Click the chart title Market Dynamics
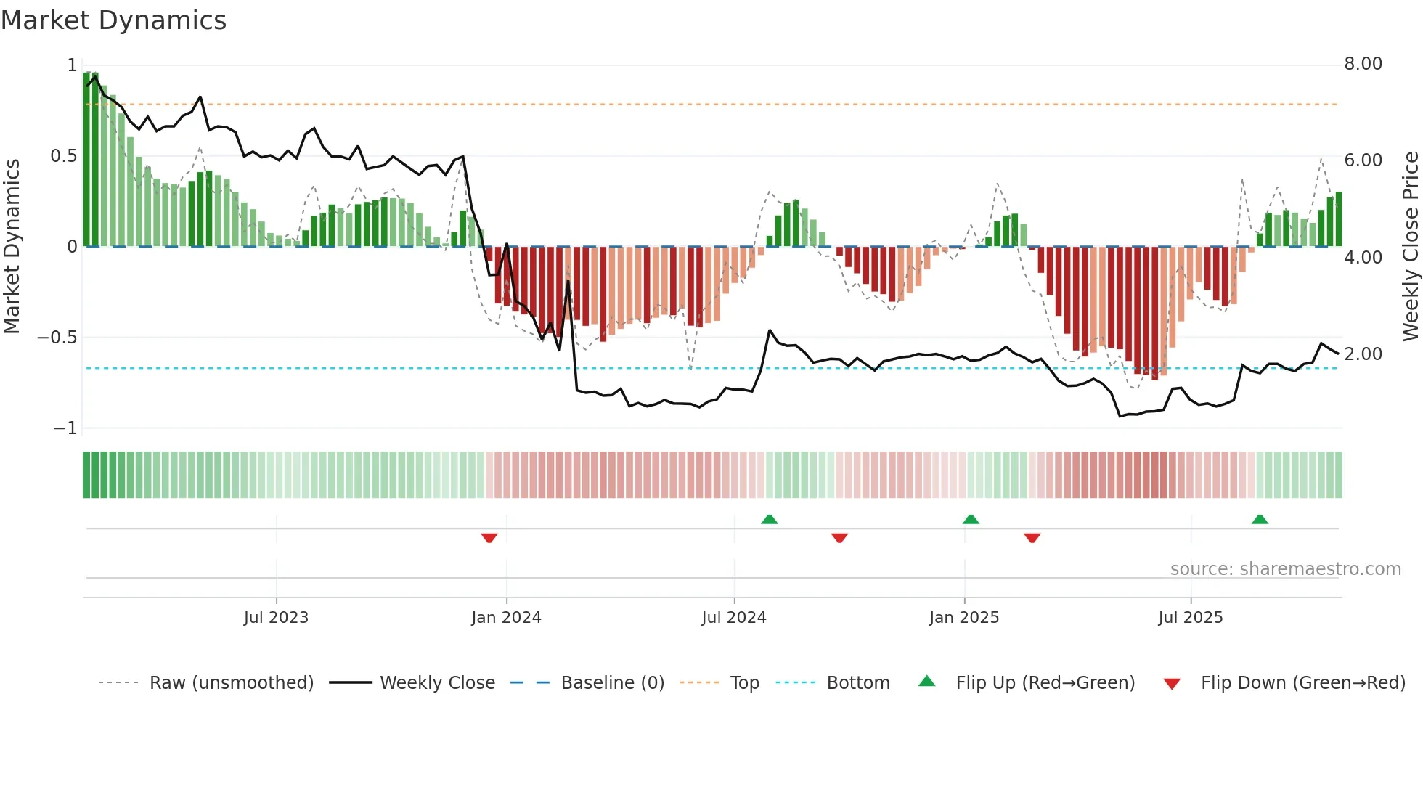tap(113, 20)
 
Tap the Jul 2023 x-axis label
tap(276, 618)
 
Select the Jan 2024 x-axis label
tap(506, 618)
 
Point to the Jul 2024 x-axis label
tap(734, 618)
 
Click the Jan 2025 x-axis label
tap(964, 618)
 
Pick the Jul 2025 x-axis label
tap(1191, 618)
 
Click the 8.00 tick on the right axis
tap(1363, 64)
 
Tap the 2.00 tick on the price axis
tap(1363, 354)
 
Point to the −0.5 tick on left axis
tap(57, 338)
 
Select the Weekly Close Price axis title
tap(1410, 246)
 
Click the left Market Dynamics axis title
tap(12, 246)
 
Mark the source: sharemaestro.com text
tap(1285, 569)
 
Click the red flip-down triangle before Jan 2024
tap(489, 538)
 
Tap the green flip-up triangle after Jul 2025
tap(1260, 519)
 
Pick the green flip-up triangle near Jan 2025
tap(971, 519)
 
